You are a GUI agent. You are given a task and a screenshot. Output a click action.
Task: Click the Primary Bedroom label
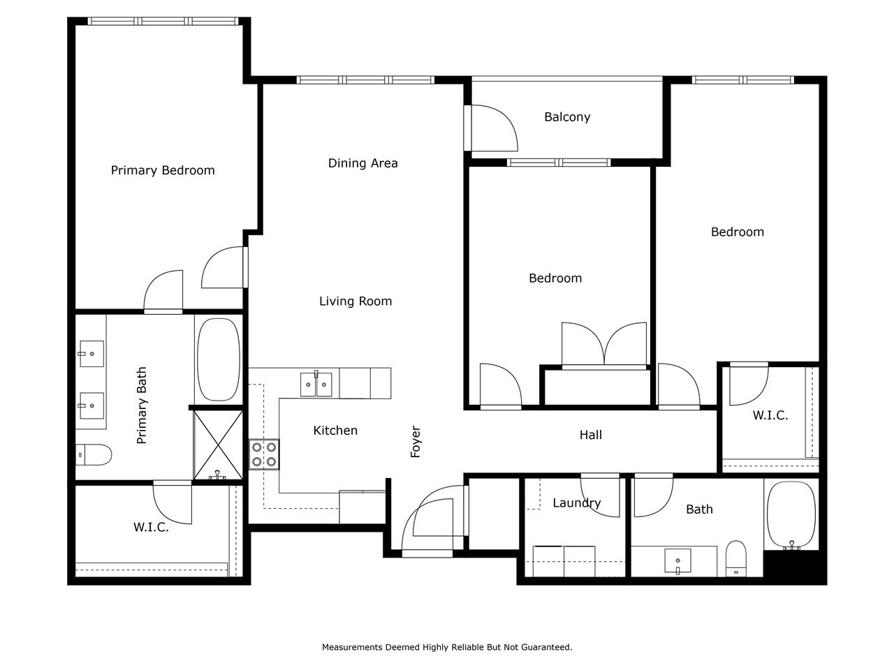coord(163,170)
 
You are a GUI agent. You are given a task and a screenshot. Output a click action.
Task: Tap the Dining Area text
coord(362,163)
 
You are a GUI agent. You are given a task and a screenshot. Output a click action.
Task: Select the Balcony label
coord(567,117)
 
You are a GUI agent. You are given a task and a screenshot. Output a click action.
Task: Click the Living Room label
coord(356,301)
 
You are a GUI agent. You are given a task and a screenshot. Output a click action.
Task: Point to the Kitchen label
coord(335,431)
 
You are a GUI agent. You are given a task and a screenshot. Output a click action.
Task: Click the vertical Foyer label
coord(416,442)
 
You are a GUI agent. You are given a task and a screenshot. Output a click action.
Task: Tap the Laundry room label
coord(576,503)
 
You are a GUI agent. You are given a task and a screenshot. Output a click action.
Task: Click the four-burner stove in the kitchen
coord(265,454)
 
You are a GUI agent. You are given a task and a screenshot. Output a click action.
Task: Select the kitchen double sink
coord(316,385)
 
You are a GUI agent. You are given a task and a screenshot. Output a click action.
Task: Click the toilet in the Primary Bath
coord(94,455)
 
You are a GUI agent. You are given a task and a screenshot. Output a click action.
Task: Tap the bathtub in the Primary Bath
coord(219,359)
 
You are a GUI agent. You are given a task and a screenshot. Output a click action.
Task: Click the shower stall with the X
coord(218,445)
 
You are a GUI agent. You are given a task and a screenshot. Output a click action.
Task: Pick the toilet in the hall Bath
coord(736,558)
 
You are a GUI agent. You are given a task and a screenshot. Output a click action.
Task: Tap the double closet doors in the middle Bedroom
coord(604,345)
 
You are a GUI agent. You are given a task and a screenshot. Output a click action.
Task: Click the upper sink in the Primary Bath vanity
coord(91,354)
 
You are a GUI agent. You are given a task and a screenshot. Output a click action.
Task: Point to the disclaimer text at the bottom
coord(447,648)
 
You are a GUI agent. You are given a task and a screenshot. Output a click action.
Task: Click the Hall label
coord(590,435)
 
